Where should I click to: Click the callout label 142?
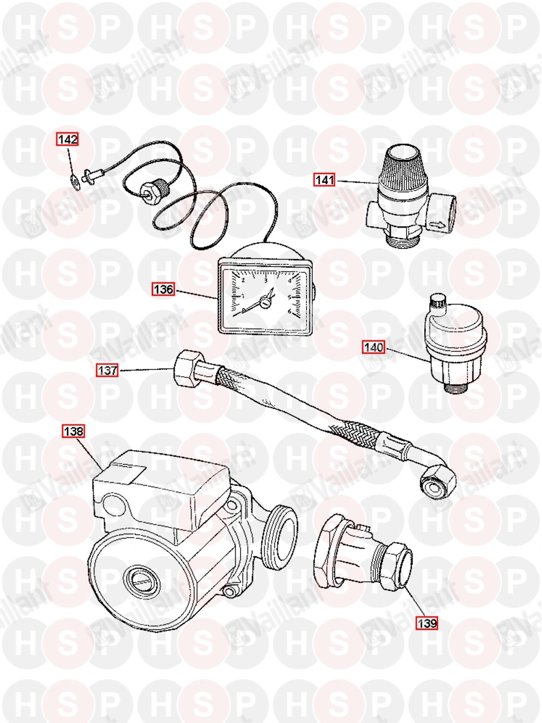tap(67, 140)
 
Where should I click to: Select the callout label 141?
tap(325, 180)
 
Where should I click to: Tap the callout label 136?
tap(163, 289)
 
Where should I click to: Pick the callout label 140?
tap(374, 347)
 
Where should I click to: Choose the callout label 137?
tap(108, 371)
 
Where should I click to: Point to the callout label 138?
tap(73, 431)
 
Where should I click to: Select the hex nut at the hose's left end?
tap(185, 371)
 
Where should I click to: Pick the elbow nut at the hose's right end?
tap(438, 482)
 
